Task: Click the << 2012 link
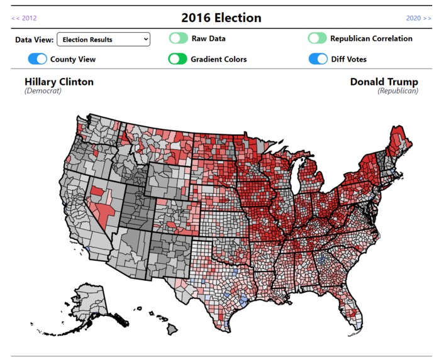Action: (x=24, y=18)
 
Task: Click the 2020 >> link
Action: (x=418, y=18)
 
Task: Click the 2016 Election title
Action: (x=221, y=18)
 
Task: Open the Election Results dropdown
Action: (x=104, y=40)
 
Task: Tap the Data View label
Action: (x=34, y=40)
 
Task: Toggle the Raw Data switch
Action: (x=178, y=38)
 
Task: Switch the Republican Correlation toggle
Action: (x=317, y=38)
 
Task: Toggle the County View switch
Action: (x=38, y=59)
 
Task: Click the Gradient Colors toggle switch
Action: (x=178, y=59)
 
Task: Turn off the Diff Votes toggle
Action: (x=318, y=59)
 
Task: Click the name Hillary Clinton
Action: (x=59, y=82)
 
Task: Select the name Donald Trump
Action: (x=384, y=82)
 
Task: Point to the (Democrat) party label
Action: (x=43, y=91)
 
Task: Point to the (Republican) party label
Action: (x=397, y=91)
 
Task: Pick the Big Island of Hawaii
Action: (x=172, y=329)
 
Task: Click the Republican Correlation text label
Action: (x=371, y=38)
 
